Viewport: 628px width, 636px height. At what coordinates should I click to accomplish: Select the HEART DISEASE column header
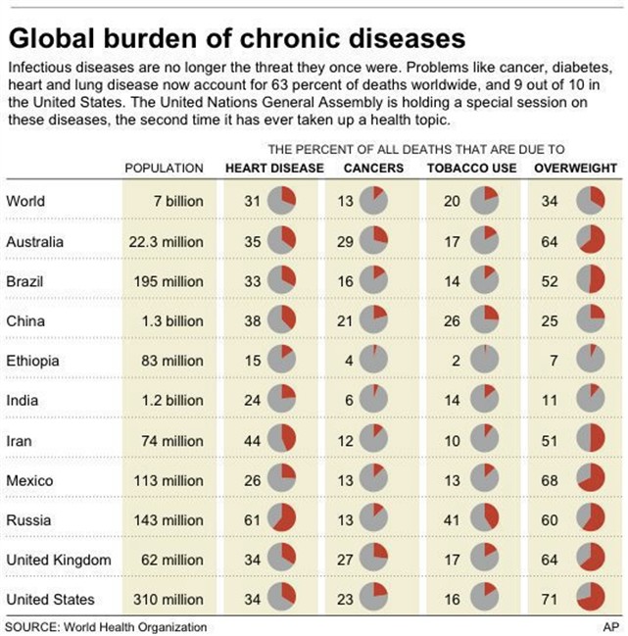pyautogui.click(x=274, y=169)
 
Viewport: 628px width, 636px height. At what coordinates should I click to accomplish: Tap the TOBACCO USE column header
pyautogui.click(x=466, y=169)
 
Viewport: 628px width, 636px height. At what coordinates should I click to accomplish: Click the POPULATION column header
pyautogui.click(x=164, y=169)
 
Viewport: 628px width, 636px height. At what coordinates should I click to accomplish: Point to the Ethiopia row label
pyautogui.click(x=32, y=361)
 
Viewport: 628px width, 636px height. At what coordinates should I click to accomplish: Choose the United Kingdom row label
pyautogui.click(x=58, y=561)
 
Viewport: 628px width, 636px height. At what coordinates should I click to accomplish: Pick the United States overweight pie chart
pyautogui.click(x=590, y=600)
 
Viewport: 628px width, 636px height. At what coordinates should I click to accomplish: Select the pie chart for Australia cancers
pyautogui.click(x=373, y=241)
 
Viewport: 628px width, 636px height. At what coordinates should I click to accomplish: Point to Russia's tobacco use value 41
pyautogui.click(x=452, y=520)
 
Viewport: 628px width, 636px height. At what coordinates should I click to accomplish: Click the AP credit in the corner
pyautogui.click(x=609, y=626)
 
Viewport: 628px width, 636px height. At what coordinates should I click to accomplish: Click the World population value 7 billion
pyautogui.click(x=177, y=201)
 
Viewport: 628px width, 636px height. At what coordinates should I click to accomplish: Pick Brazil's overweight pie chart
pyautogui.click(x=590, y=280)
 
